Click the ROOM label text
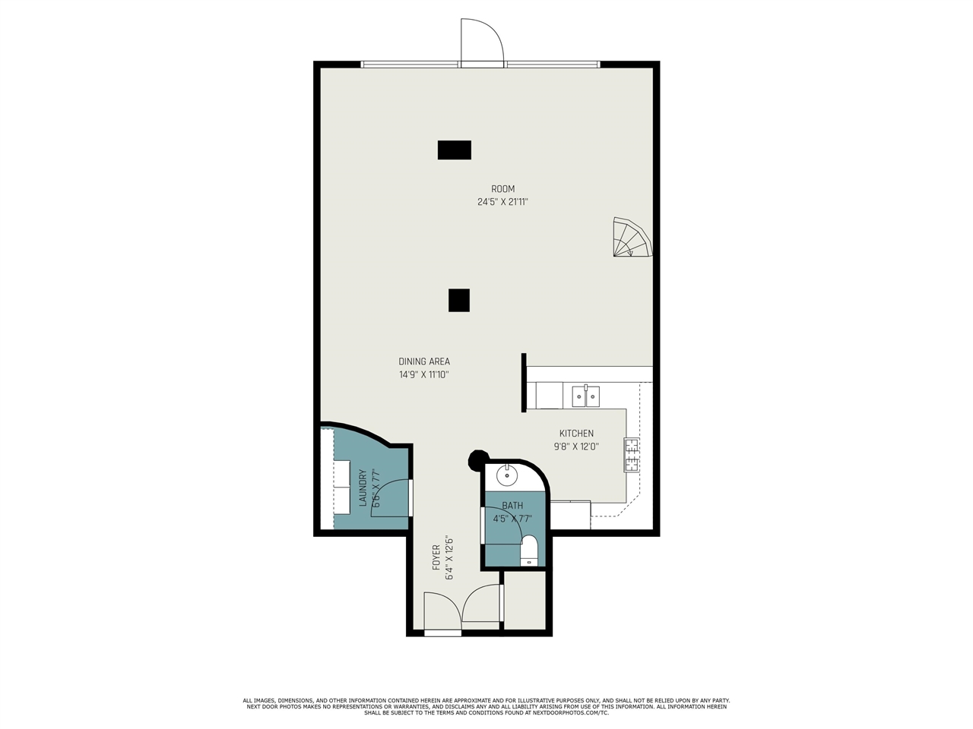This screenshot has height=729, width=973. click(x=502, y=189)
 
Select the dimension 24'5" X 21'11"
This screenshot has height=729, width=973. click(x=502, y=202)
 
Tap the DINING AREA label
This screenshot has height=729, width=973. click(x=424, y=361)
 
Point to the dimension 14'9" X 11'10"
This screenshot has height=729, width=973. click(x=424, y=374)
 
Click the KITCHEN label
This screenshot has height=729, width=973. click(x=576, y=434)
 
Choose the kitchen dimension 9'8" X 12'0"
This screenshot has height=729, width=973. click(x=576, y=447)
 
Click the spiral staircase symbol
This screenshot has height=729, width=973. click(x=632, y=238)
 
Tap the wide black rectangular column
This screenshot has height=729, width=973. click(x=455, y=150)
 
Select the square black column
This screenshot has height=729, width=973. click(x=459, y=301)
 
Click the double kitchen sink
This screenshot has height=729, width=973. click(x=586, y=396)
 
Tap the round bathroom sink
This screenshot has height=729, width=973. click(x=507, y=476)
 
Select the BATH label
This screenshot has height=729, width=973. click(x=512, y=506)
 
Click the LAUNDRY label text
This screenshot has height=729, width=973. click(x=363, y=488)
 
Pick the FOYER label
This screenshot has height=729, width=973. click(x=436, y=557)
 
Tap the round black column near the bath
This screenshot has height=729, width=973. click(x=477, y=459)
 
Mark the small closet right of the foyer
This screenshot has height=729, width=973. click(x=525, y=601)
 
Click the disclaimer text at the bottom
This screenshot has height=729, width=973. click(x=486, y=706)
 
